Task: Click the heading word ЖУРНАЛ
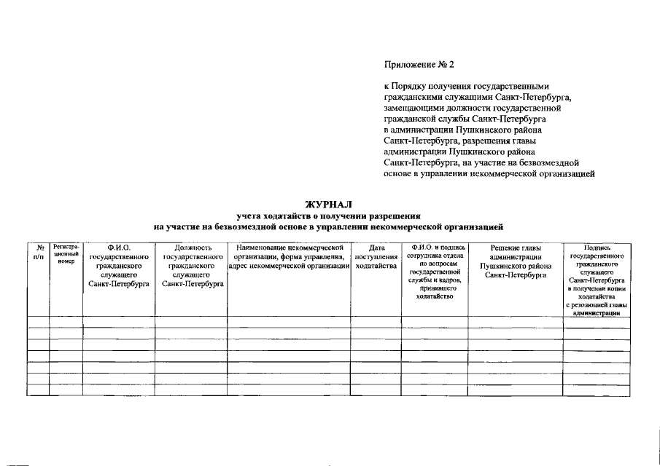pyautogui.click(x=327, y=205)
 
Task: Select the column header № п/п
pyautogui.click(x=39, y=252)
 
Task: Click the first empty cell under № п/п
pyautogui.click(x=39, y=322)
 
